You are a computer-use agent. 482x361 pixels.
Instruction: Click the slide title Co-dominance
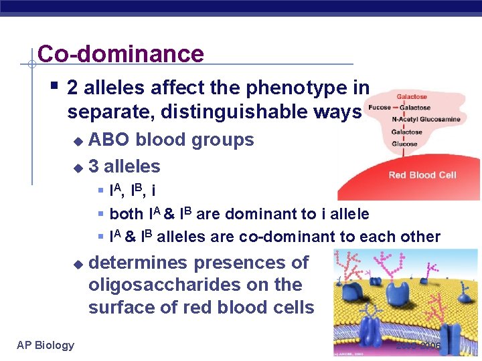pos(120,53)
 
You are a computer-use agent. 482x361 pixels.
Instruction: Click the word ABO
pos(109,140)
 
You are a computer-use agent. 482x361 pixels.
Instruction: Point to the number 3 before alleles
pos(94,166)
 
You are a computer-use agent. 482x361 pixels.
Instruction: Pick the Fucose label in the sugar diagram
pos(379,107)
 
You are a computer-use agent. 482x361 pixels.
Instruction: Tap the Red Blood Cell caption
pos(422,175)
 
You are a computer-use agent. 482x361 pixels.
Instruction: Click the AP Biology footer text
pos(46,345)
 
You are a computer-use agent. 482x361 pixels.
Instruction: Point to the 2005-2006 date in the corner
pos(418,346)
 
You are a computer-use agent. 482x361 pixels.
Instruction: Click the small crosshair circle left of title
pos(31,65)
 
